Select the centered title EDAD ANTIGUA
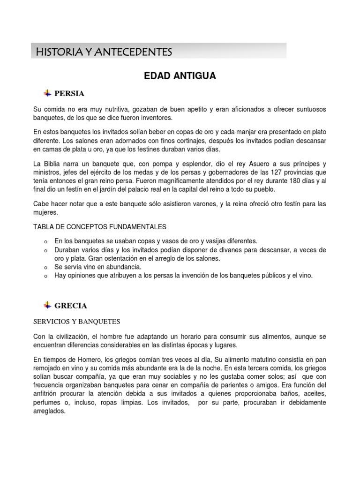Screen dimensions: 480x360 pyautogui.click(x=180, y=76)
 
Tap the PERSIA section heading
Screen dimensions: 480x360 pyautogui.click(x=69, y=93)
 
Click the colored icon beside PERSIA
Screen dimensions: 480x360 pyautogui.click(x=47, y=93)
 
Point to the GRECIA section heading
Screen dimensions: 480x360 pyautogui.click(x=71, y=306)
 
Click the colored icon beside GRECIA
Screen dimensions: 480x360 pyautogui.click(x=47, y=305)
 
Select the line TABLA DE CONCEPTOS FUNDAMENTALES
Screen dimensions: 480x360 pyautogui.click(x=100, y=227)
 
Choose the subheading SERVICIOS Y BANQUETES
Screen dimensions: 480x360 pyautogui.click(x=77, y=322)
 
